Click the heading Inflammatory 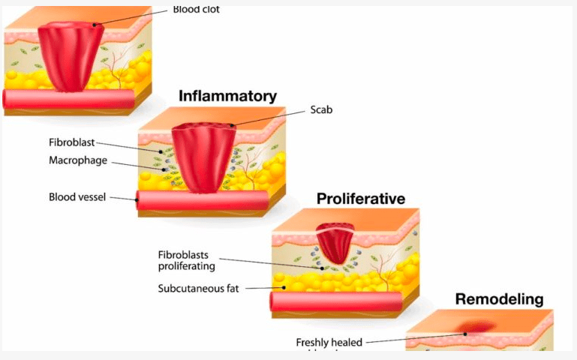(227, 96)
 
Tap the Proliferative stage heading (360, 199)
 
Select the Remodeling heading (499, 299)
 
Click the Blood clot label (197, 10)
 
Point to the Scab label (321, 110)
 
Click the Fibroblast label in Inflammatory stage (71, 143)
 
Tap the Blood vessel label (77, 197)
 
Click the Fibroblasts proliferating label (187, 259)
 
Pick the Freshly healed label (329, 343)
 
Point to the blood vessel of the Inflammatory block (203, 200)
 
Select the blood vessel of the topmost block (68, 99)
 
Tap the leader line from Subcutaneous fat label (263, 287)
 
